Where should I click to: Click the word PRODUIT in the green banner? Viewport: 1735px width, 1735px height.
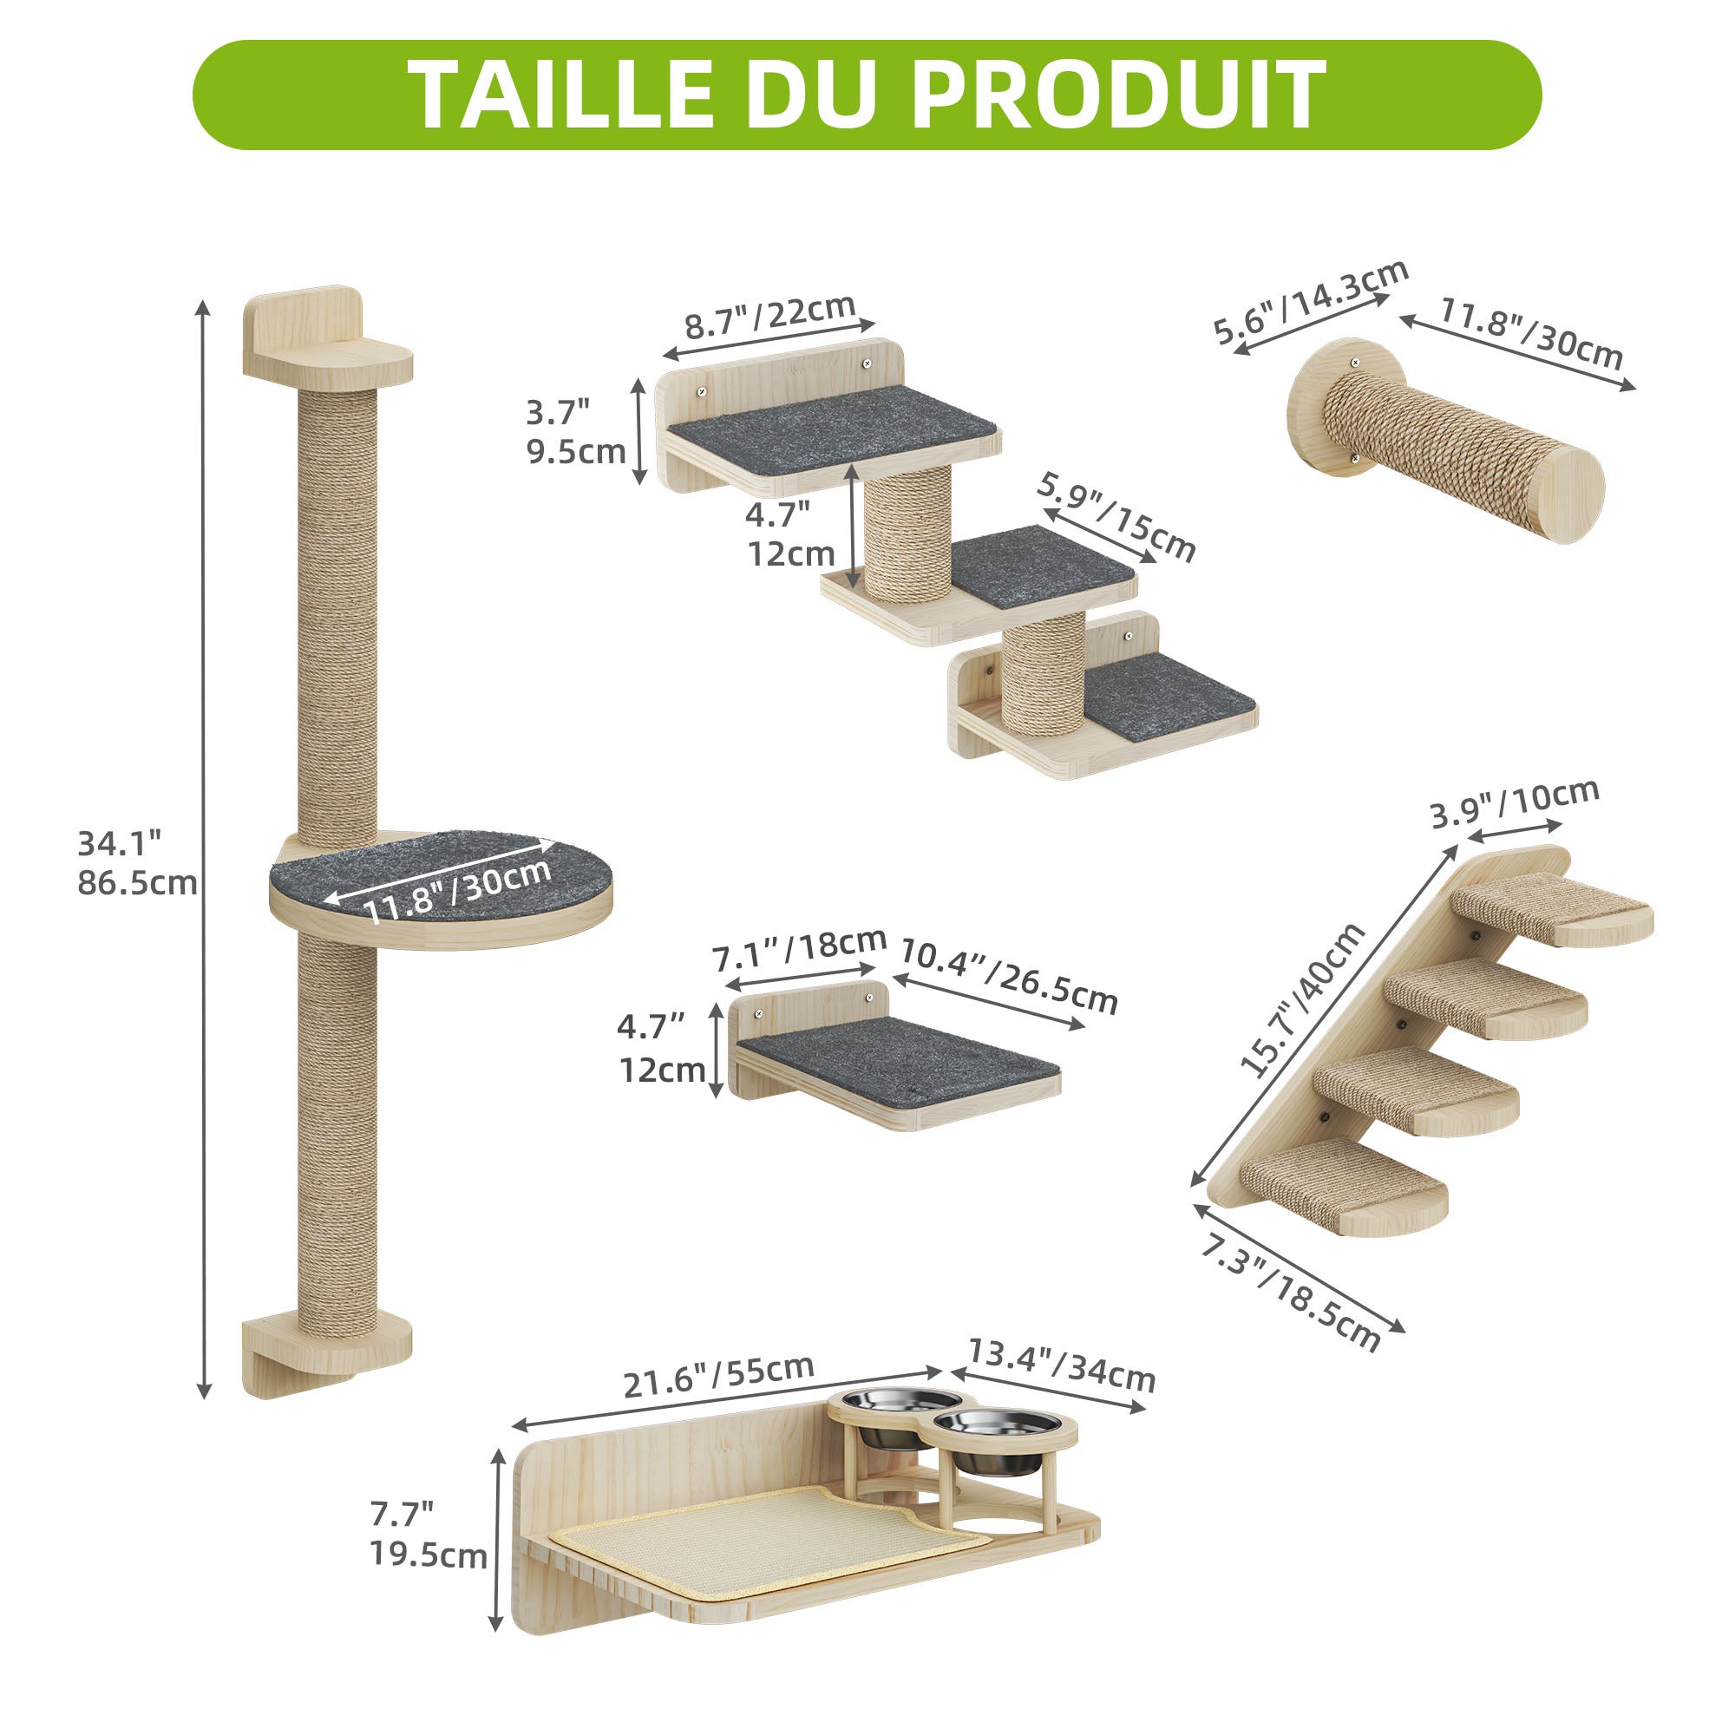1118,95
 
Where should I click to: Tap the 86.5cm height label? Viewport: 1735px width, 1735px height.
136,884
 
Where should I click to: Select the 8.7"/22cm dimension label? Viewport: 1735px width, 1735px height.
769,317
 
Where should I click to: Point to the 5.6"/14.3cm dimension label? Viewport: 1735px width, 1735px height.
1310,303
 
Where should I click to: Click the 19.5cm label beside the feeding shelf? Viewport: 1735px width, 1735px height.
429,1555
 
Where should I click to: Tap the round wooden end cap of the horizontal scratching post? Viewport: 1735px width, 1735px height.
1567,494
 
